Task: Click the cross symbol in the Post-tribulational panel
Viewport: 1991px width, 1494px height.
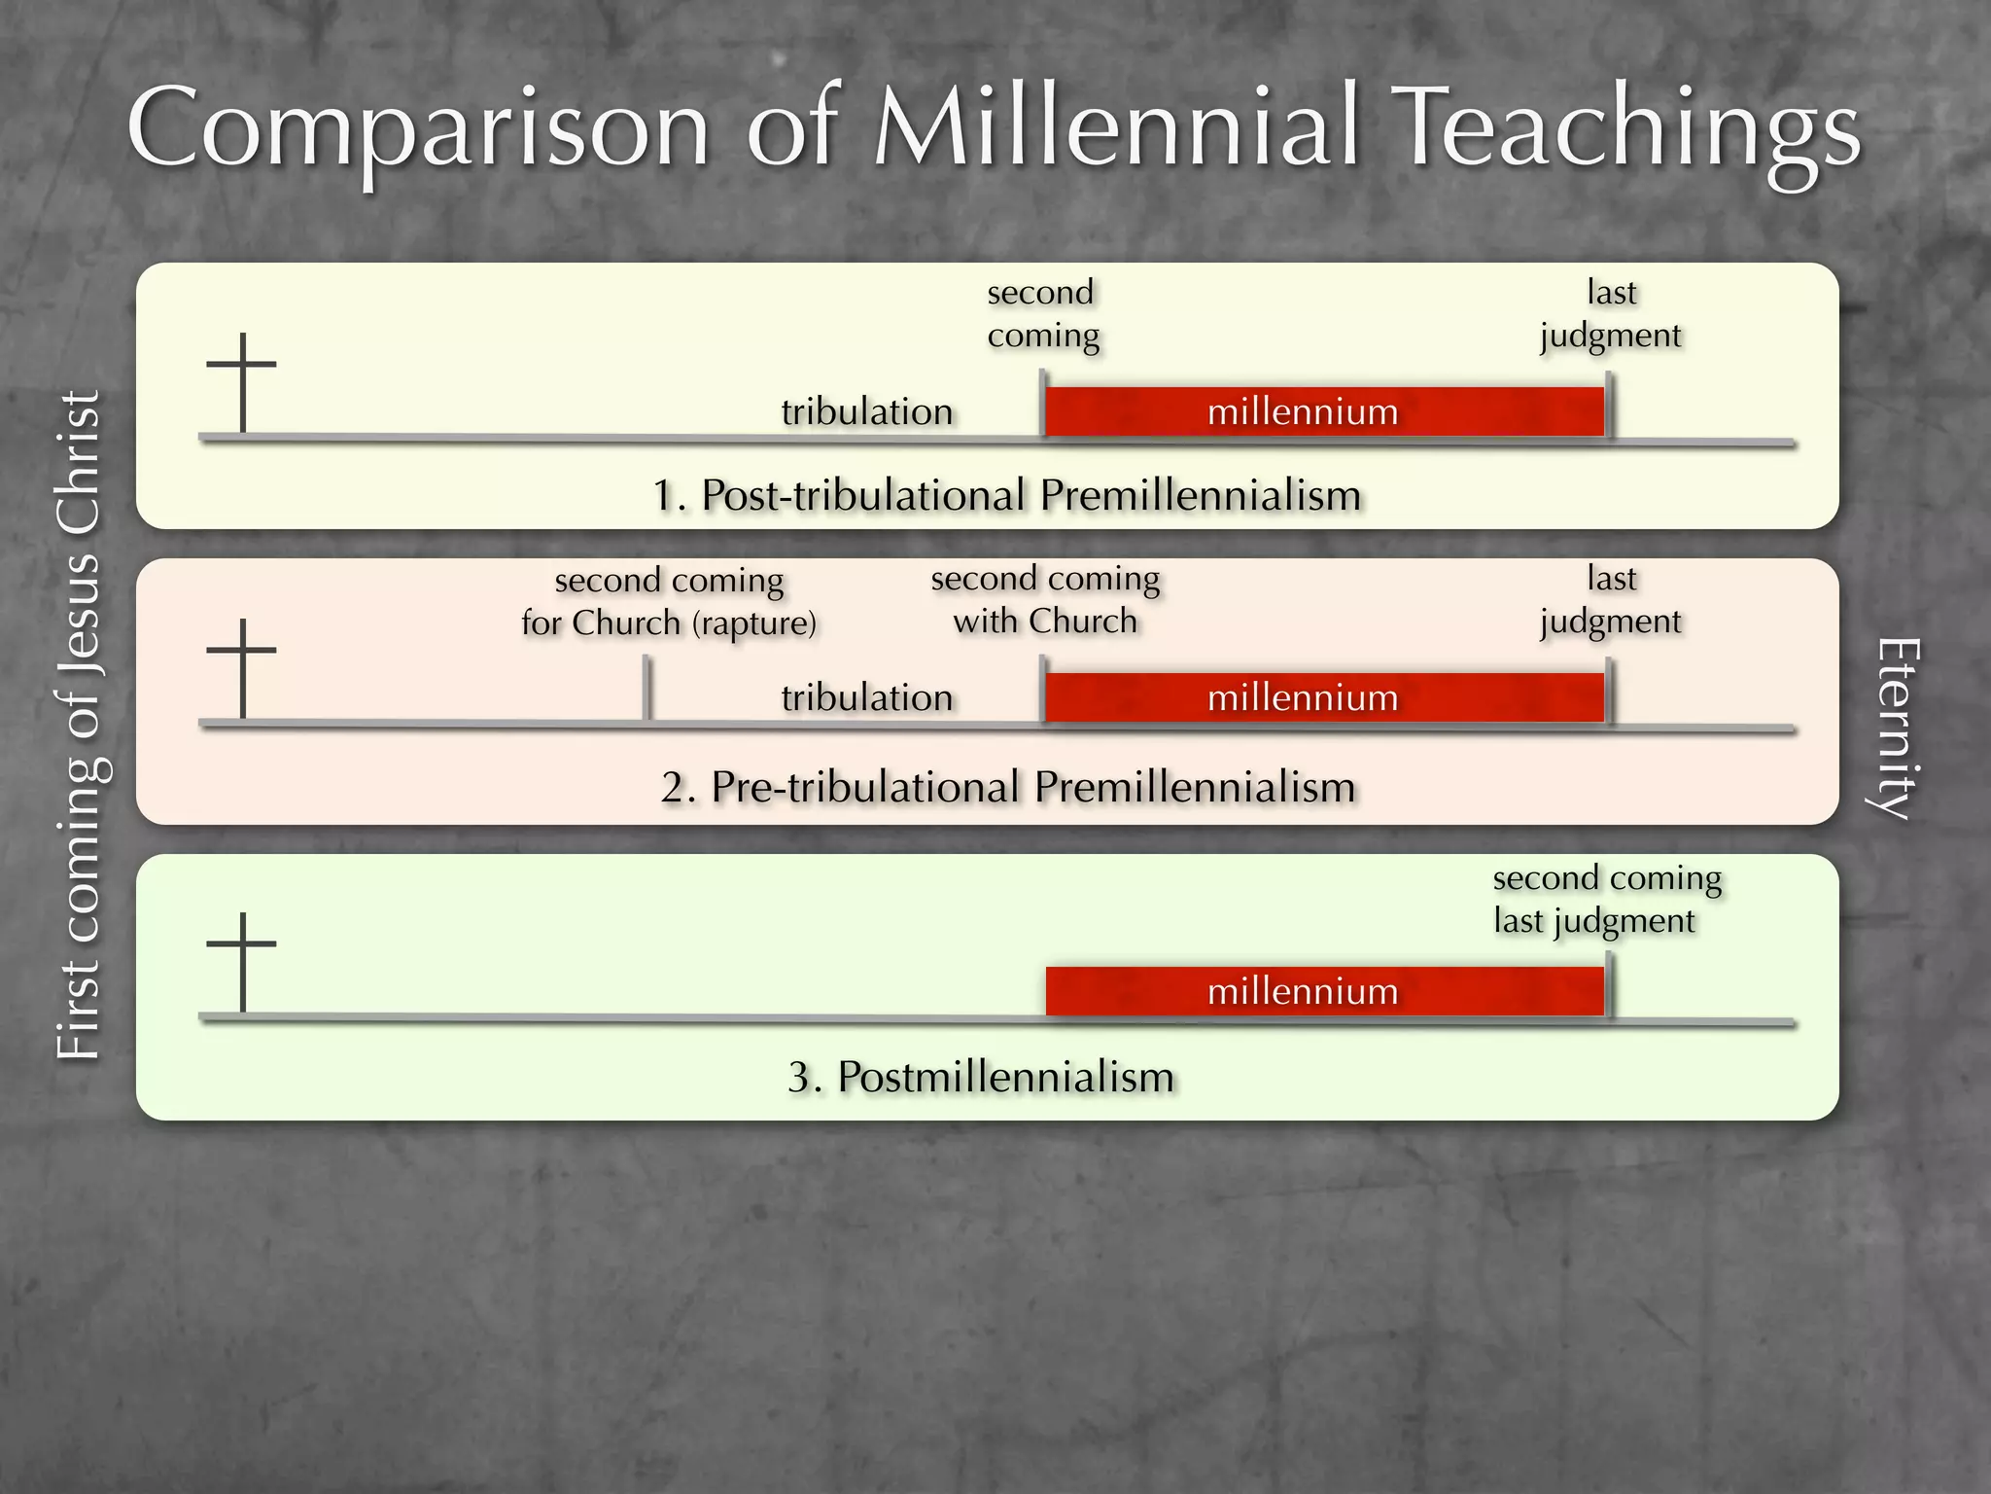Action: tap(242, 381)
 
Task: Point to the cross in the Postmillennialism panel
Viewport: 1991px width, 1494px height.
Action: tap(242, 961)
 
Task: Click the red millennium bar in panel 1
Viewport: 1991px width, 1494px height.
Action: tap(1324, 411)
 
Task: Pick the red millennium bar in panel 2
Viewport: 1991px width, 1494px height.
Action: tap(1324, 697)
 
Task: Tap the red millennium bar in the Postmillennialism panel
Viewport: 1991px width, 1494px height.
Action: tap(1324, 991)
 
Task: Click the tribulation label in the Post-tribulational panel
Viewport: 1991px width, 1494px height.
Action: tap(866, 411)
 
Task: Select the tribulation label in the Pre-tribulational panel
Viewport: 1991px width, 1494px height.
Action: tap(866, 697)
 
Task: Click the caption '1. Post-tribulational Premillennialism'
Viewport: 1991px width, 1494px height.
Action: tap(1006, 495)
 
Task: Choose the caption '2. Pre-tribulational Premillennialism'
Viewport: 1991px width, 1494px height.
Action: tap(1008, 787)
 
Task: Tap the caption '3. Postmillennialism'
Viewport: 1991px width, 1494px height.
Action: tap(981, 1077)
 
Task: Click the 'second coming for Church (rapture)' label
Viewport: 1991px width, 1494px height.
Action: tap(669, 601)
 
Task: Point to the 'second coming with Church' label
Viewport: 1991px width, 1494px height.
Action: tap(1045, 599)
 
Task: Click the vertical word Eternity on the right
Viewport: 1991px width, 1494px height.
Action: tap(1897, 729)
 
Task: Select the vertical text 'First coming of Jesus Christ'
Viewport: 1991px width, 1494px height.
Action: tap(79, 725)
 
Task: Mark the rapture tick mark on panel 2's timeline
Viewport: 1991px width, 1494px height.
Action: tap(646, 689)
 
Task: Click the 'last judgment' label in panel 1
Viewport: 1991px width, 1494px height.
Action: tap(1611, 313)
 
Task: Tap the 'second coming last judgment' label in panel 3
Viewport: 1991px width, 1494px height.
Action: tap(1606, 899)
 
